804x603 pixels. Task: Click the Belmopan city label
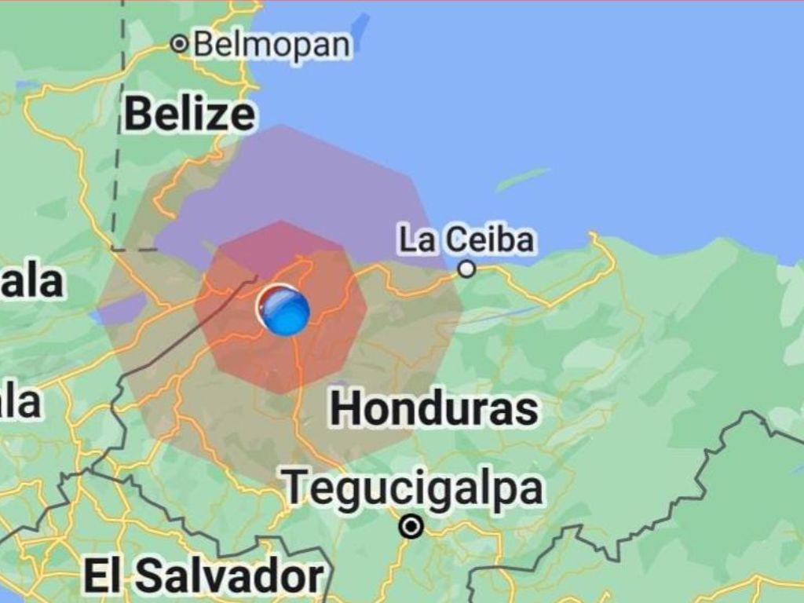click(x=272, y=44)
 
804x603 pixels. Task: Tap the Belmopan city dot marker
click(x=181, y=44)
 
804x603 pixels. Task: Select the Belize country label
click(x=189, y=115)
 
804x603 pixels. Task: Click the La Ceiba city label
click(x=467, y=239)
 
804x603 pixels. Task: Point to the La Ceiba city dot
click(x=467, y=269)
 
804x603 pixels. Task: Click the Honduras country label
click(x=434, y=409)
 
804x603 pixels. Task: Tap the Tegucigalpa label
click(x=413, y=488)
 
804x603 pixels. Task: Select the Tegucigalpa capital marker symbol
click(x=411, y=526)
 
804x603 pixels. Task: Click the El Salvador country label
click(x=203, y=578)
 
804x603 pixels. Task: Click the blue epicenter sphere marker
click(x=284, y=310)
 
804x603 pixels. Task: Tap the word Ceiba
click(x=490, y=239)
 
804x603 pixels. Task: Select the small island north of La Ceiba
click(x=522, y=179)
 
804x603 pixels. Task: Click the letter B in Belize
click(x=137, y=115)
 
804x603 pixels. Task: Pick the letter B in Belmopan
click(x=203, y=44)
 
